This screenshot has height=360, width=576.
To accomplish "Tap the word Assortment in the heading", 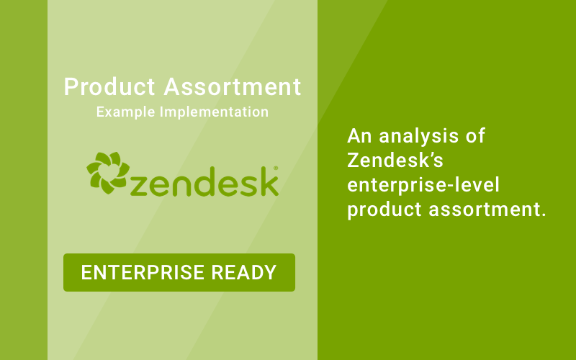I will [x=232, y=88].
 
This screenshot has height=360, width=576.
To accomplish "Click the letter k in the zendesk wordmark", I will [x=268, y=181].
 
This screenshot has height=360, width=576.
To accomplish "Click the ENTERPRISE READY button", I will [x=179, y=272].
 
